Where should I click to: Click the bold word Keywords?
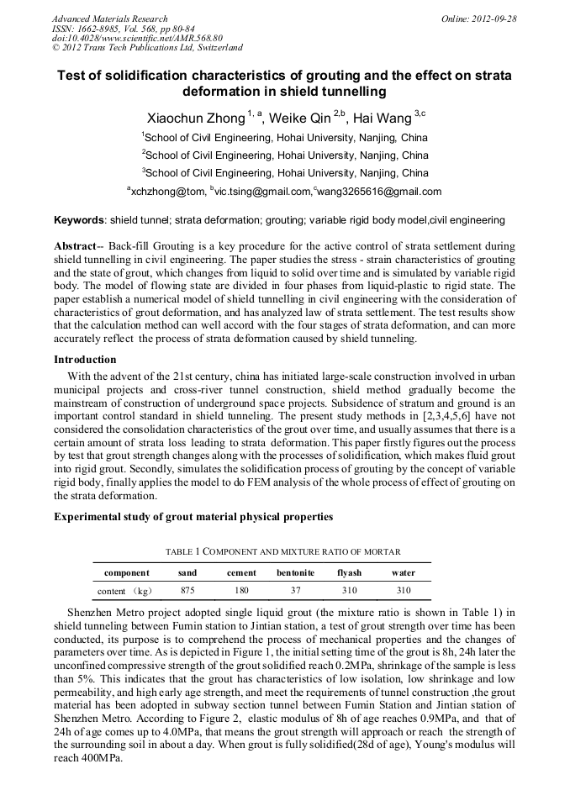78,220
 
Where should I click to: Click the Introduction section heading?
85,360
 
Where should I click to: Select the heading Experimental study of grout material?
193,516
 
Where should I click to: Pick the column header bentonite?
295,572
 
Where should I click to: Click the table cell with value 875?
187,590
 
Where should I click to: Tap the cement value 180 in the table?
242,590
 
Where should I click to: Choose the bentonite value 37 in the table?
295,590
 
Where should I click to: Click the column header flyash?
349,572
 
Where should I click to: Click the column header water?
403,572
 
